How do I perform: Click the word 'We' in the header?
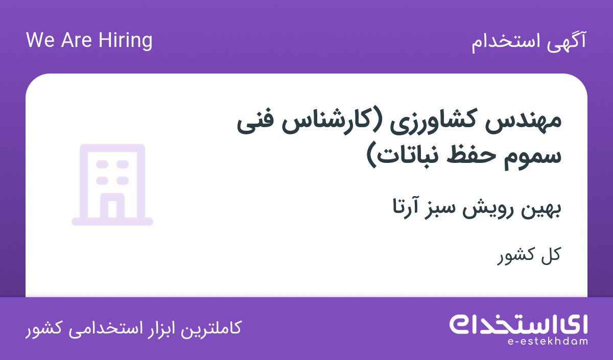point(40,40)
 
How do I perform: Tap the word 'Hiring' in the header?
point(125,41)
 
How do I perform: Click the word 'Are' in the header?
point(76,40)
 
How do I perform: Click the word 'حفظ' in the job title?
point(470,156)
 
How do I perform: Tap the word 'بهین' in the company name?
point(541,209)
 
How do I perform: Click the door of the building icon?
point(112,205)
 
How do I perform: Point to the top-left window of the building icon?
point(102,164)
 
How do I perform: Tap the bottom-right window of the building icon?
point(123,181)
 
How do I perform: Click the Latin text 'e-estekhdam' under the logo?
point(547,341)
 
